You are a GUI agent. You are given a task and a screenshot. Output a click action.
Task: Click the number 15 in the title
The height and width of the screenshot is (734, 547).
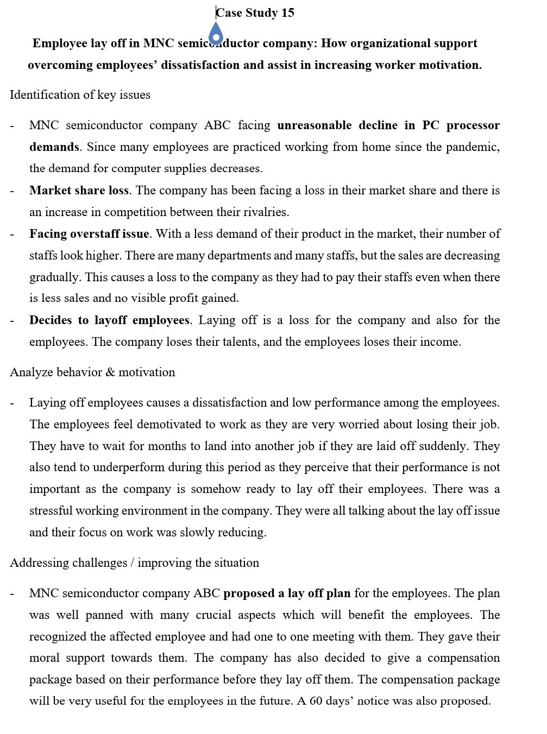tap(287, 13)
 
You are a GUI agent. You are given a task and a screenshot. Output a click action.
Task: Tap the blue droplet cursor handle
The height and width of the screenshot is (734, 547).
tap(216, 34)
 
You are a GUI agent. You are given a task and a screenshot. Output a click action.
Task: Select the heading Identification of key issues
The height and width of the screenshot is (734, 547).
tap(80, 95)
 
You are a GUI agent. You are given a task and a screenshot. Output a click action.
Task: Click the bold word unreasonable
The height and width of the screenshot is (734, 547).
tap(314, 125)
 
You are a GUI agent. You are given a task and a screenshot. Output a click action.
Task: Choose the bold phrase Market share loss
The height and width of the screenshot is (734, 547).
tap(79, 191)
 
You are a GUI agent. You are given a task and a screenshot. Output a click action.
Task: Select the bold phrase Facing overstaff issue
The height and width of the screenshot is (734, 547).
tap(89, 234)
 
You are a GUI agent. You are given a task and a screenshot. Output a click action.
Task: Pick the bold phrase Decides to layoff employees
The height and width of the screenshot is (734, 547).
tap(109, 320)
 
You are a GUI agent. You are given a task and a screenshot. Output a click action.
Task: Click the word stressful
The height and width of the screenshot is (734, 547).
tap(51, 511)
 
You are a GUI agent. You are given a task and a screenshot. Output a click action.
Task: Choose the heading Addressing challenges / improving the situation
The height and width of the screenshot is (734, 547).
tap(134, 563)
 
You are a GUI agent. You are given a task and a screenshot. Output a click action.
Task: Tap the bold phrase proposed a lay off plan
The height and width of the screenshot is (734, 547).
tap(287, 593)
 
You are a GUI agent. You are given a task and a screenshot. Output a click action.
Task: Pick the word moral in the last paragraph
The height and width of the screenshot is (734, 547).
tap(44, 658)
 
